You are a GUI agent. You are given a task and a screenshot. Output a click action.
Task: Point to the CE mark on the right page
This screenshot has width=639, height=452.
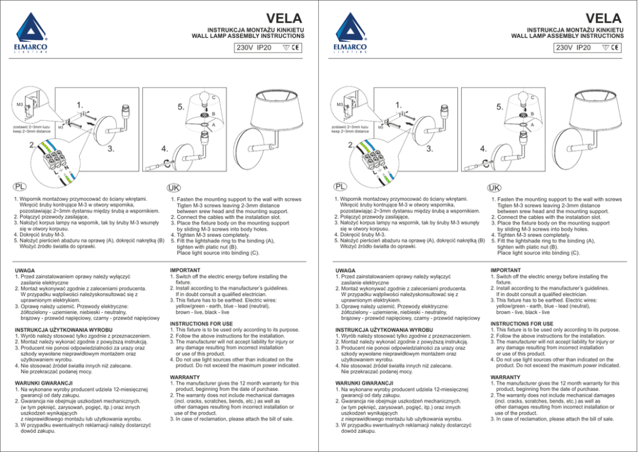[x=615, y=48]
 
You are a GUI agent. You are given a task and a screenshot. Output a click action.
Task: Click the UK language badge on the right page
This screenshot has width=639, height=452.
[x=493, y=187]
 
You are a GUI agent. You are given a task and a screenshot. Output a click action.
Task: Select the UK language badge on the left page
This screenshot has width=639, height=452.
[x=173, y=187]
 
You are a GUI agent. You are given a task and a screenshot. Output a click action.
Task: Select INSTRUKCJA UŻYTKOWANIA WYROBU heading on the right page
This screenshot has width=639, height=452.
[x=383, y=330]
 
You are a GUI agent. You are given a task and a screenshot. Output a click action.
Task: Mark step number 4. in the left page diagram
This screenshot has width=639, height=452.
[x=166, y=150]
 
